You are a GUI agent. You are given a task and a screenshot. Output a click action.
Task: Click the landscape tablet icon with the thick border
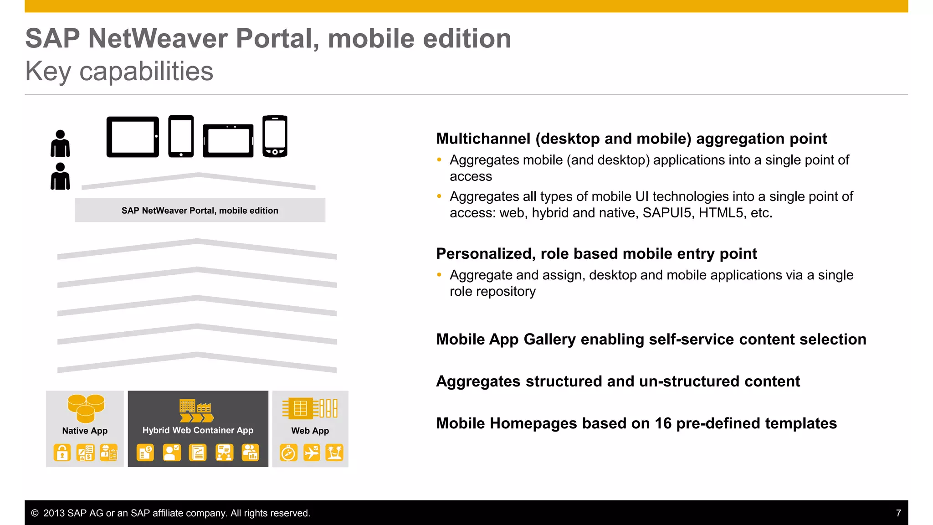(133, 137)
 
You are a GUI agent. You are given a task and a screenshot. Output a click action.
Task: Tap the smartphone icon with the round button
(275, 136)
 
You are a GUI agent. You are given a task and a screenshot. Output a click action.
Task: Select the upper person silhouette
(60, 144)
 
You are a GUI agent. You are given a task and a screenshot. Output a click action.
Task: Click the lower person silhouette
(60, 176)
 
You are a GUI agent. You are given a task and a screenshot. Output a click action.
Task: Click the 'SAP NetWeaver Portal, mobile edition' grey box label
(200, 211)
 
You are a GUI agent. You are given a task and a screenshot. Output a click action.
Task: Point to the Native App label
(85, 431)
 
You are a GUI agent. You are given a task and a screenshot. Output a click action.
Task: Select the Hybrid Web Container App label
(198, 430)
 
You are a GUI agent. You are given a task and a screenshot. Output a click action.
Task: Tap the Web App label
(310, 431)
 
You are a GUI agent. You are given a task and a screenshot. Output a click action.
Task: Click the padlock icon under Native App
(62, 453)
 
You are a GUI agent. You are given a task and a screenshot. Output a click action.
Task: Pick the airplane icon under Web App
(312, 453)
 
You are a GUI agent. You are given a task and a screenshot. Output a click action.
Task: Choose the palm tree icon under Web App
(334, 453)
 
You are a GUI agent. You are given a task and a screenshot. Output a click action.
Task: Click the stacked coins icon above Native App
(86, 408)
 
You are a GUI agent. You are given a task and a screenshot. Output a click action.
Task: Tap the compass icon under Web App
(288, 453)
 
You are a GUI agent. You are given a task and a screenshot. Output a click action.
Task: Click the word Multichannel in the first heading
(483, 139)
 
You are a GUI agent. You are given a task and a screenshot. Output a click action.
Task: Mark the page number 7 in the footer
(898, 513)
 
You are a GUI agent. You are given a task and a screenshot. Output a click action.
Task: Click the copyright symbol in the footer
(35, 513)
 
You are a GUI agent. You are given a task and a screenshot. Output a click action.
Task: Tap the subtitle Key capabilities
(119, 71)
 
